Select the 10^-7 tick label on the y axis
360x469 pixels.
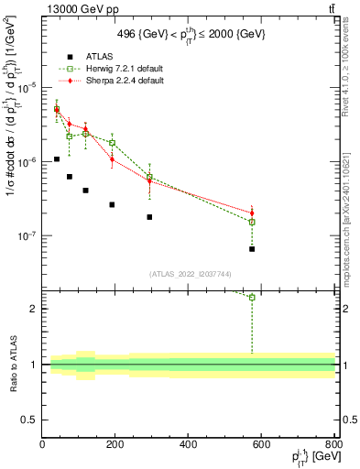pyautogui.click(x=27, y=235)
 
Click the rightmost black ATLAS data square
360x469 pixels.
pyautogui.click(x=252, y=249)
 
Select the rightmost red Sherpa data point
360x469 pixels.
pyautogui.click(x=252, y=213)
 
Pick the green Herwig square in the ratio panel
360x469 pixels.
pyautogui.click(x=252, y=297)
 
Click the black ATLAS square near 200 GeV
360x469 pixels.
pyautogui.click(x=112, y=204)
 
